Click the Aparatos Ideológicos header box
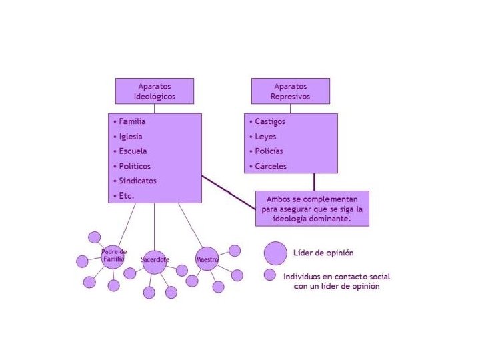[155, 91]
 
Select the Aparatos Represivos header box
[290, 91]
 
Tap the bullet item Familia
[132, 122]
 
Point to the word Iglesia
[131, 137]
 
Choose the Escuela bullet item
[133, 151]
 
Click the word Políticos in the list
[134, 166]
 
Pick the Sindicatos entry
[137, 181]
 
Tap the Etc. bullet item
[126, 196]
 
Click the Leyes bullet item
[265, 137]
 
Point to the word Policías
[269, 151]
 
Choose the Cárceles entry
[270, 166]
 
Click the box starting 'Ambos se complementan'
[312, 209]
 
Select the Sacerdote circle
[155, 258]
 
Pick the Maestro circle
[207, 258]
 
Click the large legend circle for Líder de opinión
[275, 253]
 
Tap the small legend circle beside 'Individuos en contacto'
[269, 275]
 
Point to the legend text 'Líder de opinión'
[323, 253]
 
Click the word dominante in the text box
[329, 219]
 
